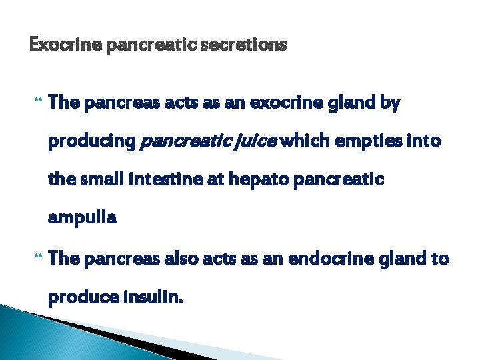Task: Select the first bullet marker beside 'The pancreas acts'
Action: [36, 103]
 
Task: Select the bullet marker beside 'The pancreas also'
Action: [36, 258]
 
